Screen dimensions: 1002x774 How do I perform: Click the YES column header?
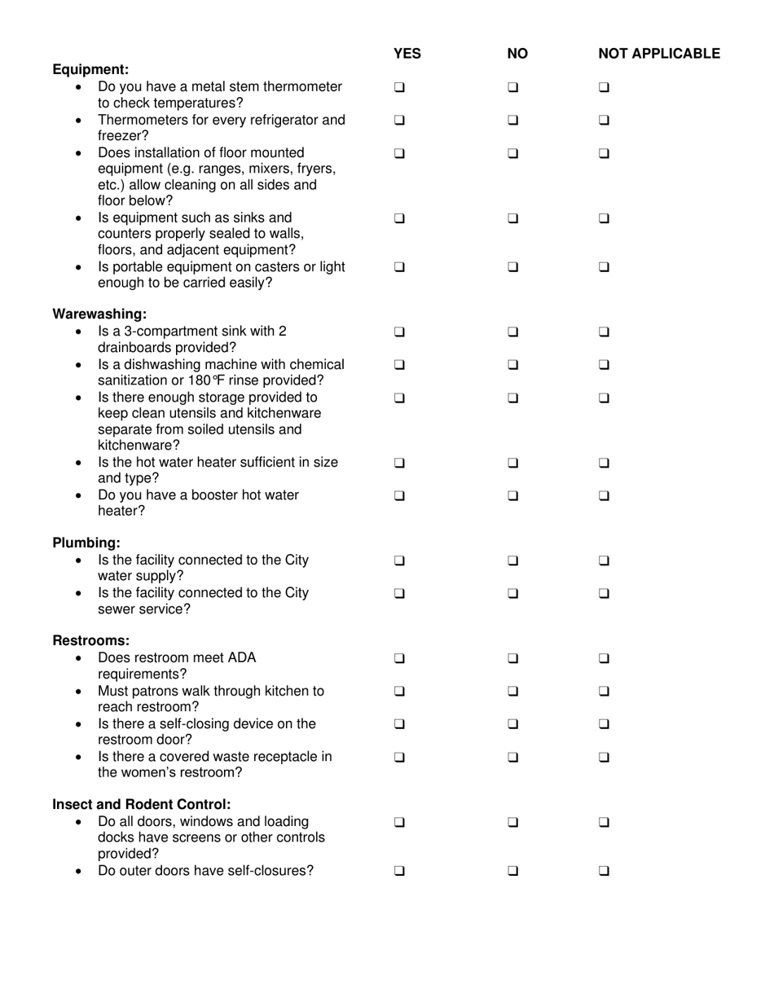click(x=407, y=54)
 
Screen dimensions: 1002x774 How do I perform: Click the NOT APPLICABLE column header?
click(x=658, y=54)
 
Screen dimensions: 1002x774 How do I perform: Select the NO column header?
click(x=517, y=54)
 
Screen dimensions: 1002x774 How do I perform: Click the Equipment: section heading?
click(x=90, y=69)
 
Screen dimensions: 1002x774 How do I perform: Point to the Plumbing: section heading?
click(x=86, y=543)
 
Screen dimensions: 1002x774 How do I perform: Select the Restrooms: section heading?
click(x=90, y=640)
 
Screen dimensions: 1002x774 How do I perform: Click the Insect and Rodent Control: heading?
click(x=141, y=804)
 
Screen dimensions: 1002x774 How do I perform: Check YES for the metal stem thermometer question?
click(x=399, y=87)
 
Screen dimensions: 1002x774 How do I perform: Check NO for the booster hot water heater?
click(x=512, y=495)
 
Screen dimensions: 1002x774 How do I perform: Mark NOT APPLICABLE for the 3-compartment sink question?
click(x=604, y=332)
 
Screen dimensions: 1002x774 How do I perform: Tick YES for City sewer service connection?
click(x=399, y=593)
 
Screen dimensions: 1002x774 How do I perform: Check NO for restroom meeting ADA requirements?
click(x=512, y=658)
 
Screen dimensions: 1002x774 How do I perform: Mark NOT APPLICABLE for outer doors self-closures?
click(x=604, y=870)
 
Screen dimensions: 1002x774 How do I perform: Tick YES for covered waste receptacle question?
click(x=399, y=757)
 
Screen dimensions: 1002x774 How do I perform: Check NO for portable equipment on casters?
click(x=512, y=266)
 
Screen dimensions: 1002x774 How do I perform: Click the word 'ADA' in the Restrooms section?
click(x=240, y=657)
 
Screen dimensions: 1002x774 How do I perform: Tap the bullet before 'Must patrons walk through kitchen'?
click(x=78, y=692)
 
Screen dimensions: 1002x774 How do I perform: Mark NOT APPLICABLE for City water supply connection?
click(x=604, y=560)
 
